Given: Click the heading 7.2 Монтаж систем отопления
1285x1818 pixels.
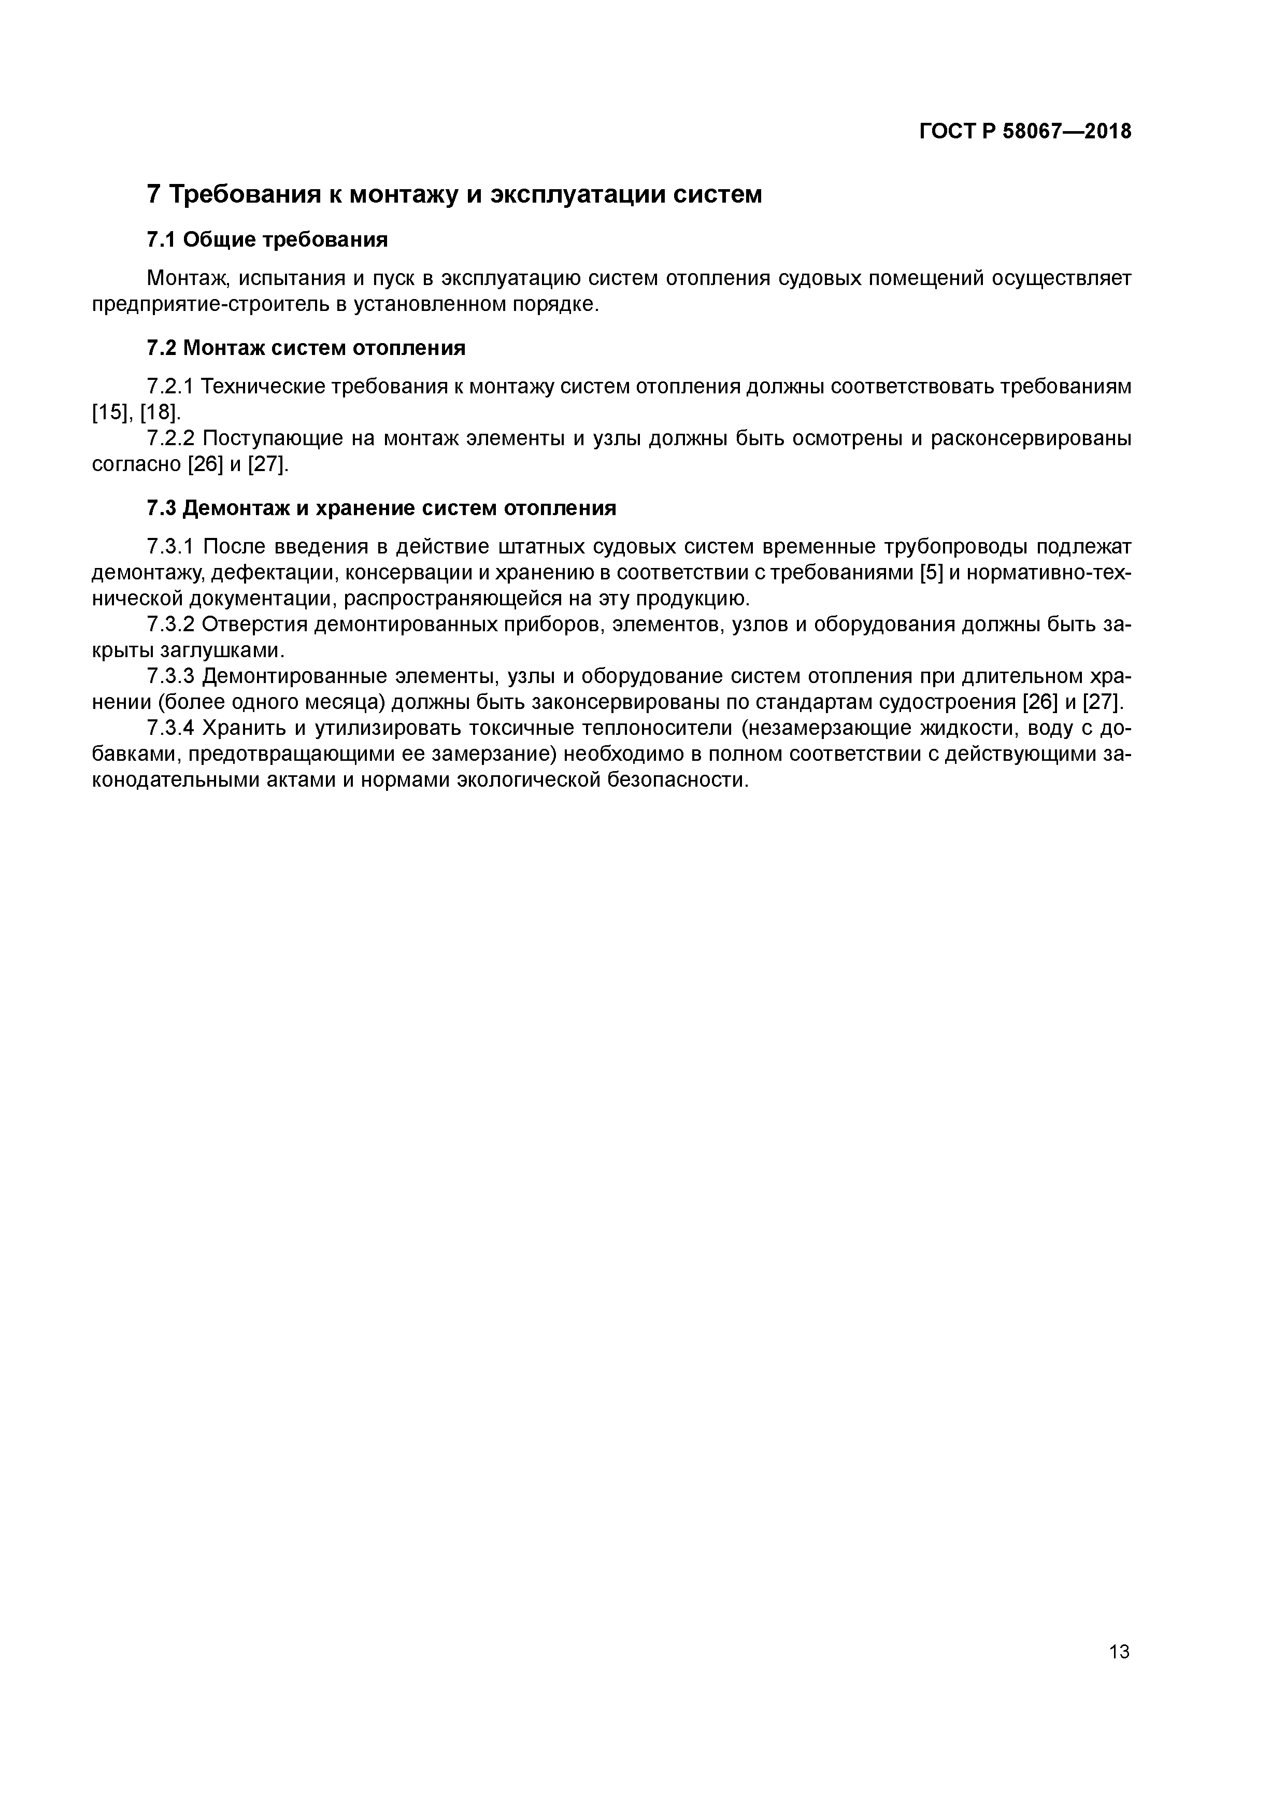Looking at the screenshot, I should coord(306,348).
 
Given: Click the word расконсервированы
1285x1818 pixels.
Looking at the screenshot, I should coord(1031,438).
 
